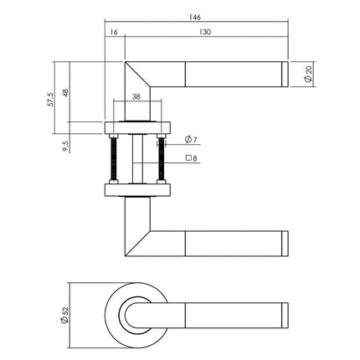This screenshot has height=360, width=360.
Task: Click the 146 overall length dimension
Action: tap(198, 15)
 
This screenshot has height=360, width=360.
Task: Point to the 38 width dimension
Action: tap(137, 97)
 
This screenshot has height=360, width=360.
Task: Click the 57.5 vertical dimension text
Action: tap(52, 99)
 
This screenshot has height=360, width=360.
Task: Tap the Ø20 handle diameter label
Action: tap(309, 75)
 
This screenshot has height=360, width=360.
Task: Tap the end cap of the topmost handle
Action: tap(284, 75)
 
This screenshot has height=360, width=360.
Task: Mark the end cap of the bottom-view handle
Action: tap(284, 315)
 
